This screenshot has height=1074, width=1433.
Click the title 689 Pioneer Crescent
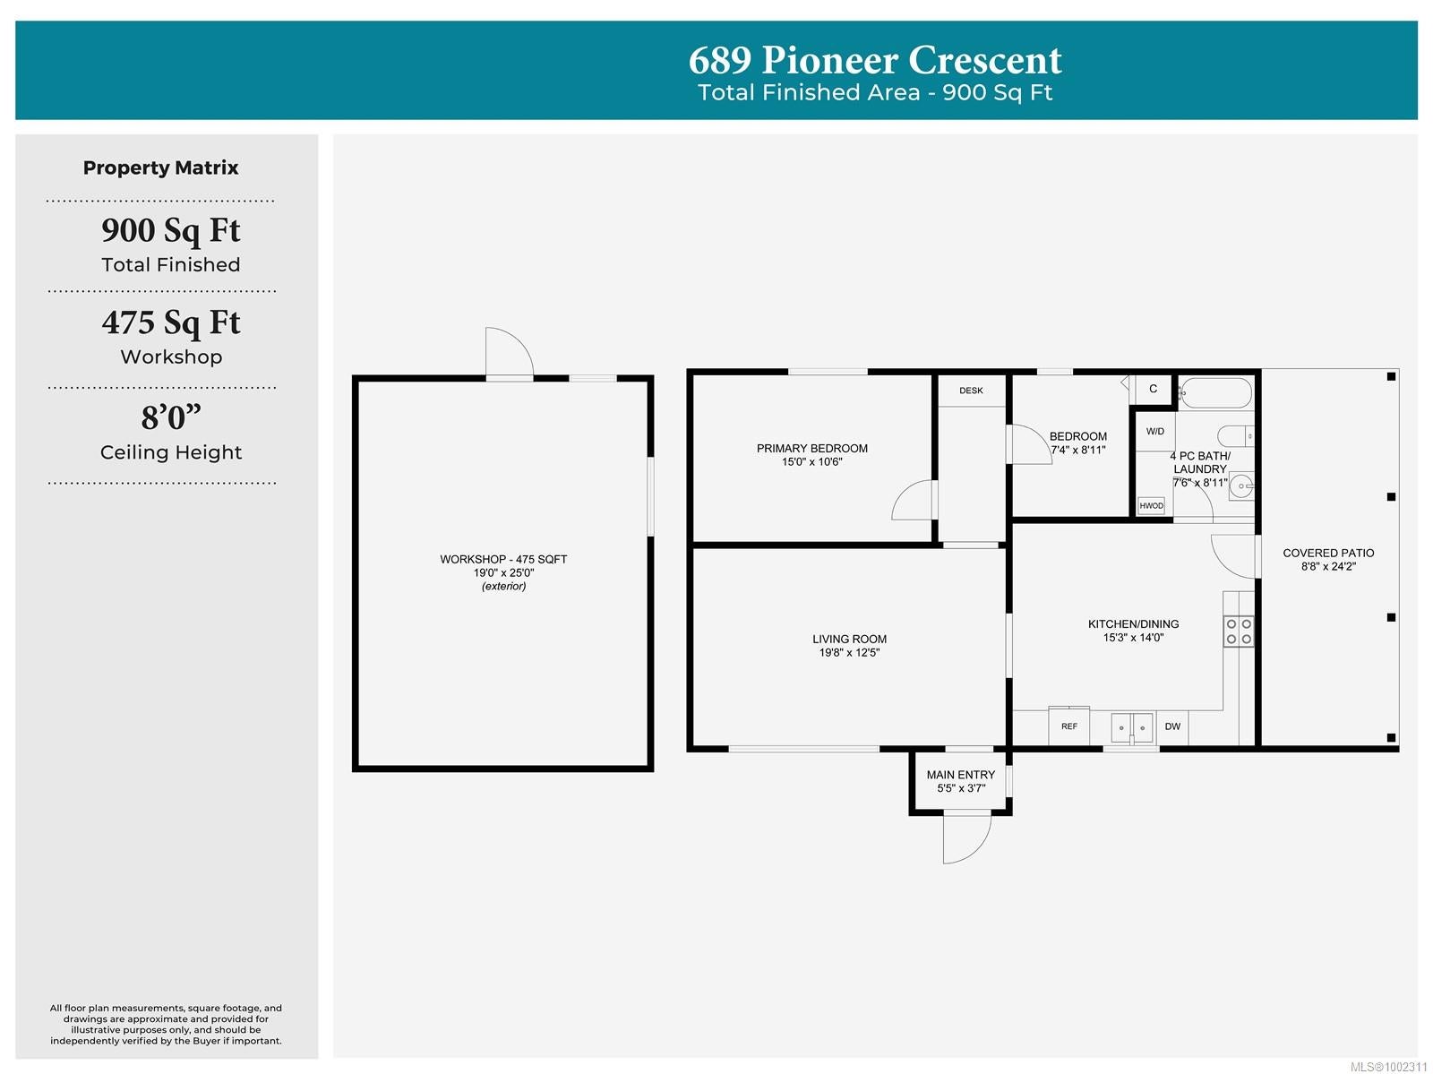[875, 60]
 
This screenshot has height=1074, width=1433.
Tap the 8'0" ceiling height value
[171, 417]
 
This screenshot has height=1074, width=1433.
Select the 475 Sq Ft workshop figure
[171, 322]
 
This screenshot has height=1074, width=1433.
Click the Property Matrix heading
[160, 168]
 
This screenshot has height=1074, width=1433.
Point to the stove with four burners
[1238, 632]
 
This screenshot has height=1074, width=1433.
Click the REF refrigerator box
[1068, 726]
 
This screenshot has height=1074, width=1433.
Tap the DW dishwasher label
[1172, 726]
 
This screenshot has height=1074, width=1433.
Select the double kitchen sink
[1131, 727]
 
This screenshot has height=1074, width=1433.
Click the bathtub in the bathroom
[1215, 393]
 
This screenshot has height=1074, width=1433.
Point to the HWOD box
[1151, 505]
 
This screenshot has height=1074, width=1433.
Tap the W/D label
[1154, 431]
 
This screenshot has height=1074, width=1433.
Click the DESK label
[971, 391]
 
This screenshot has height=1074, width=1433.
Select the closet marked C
[1153, 389]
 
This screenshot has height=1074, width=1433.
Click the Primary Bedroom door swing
[914, 500]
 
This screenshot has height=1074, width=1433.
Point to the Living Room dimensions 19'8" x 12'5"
[849, 652]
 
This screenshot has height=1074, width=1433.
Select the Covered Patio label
[1328, 553]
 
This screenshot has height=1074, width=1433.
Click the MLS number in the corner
[1388, 1066]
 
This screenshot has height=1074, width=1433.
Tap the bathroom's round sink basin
[1241, 486]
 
